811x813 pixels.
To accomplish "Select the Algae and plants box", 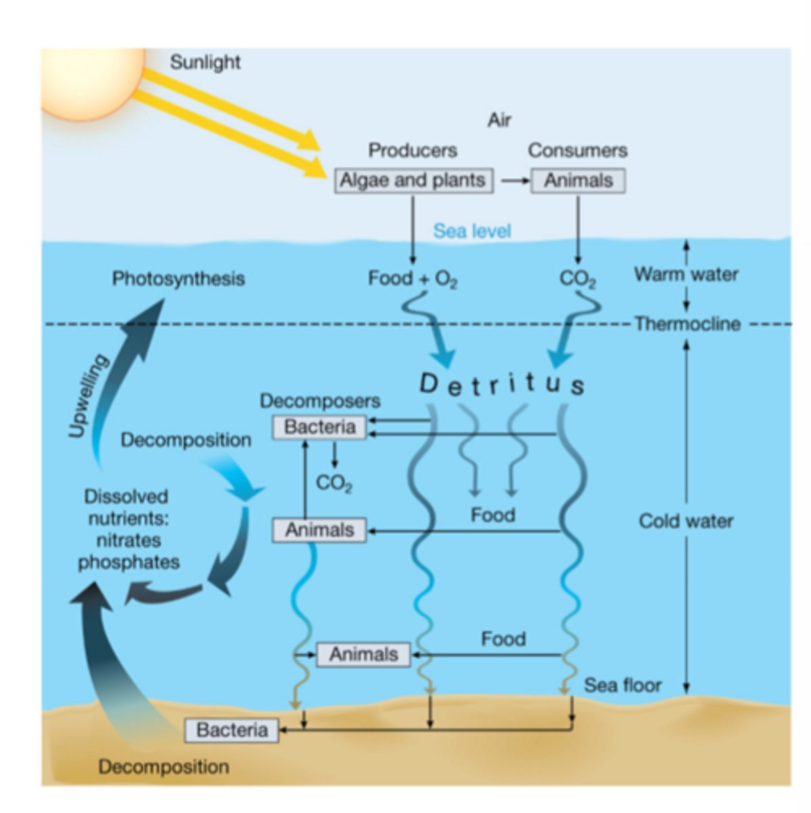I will coord(413,181).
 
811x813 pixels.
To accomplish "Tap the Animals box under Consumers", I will coord(578,181).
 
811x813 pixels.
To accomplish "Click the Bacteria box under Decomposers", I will coord(319,428).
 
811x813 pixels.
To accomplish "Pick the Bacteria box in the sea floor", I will coord(232,730).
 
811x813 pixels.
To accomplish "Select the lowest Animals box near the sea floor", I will coord(363,654).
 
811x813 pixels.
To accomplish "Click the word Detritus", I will coord(501,383).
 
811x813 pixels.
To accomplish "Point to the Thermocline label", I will coord(687,324).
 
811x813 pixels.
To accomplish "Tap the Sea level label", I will coord(472,231).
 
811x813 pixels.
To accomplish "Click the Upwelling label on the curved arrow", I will coord(89,396).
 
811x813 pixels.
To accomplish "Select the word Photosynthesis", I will coord(178,278).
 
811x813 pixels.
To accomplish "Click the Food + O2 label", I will coord(413,278).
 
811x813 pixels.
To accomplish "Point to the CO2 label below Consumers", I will coord(577,279).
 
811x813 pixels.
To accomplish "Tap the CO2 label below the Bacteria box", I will coord(333,483).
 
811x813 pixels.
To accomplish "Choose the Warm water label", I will coord(686,274).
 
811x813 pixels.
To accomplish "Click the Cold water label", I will coord(686,521).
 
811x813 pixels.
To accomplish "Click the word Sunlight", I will coord(205,62).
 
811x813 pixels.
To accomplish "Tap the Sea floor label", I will coord(622,685).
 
